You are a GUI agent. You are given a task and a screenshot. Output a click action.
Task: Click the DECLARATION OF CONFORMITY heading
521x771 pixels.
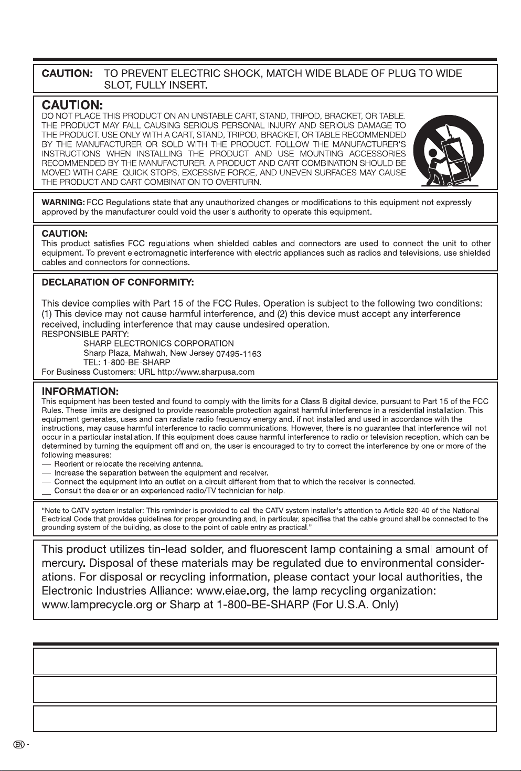coord(118,282)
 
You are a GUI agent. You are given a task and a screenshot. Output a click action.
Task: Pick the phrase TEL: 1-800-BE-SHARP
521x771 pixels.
coord(127,362)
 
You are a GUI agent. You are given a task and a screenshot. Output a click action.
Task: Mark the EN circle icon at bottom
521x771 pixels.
coord(18,744)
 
